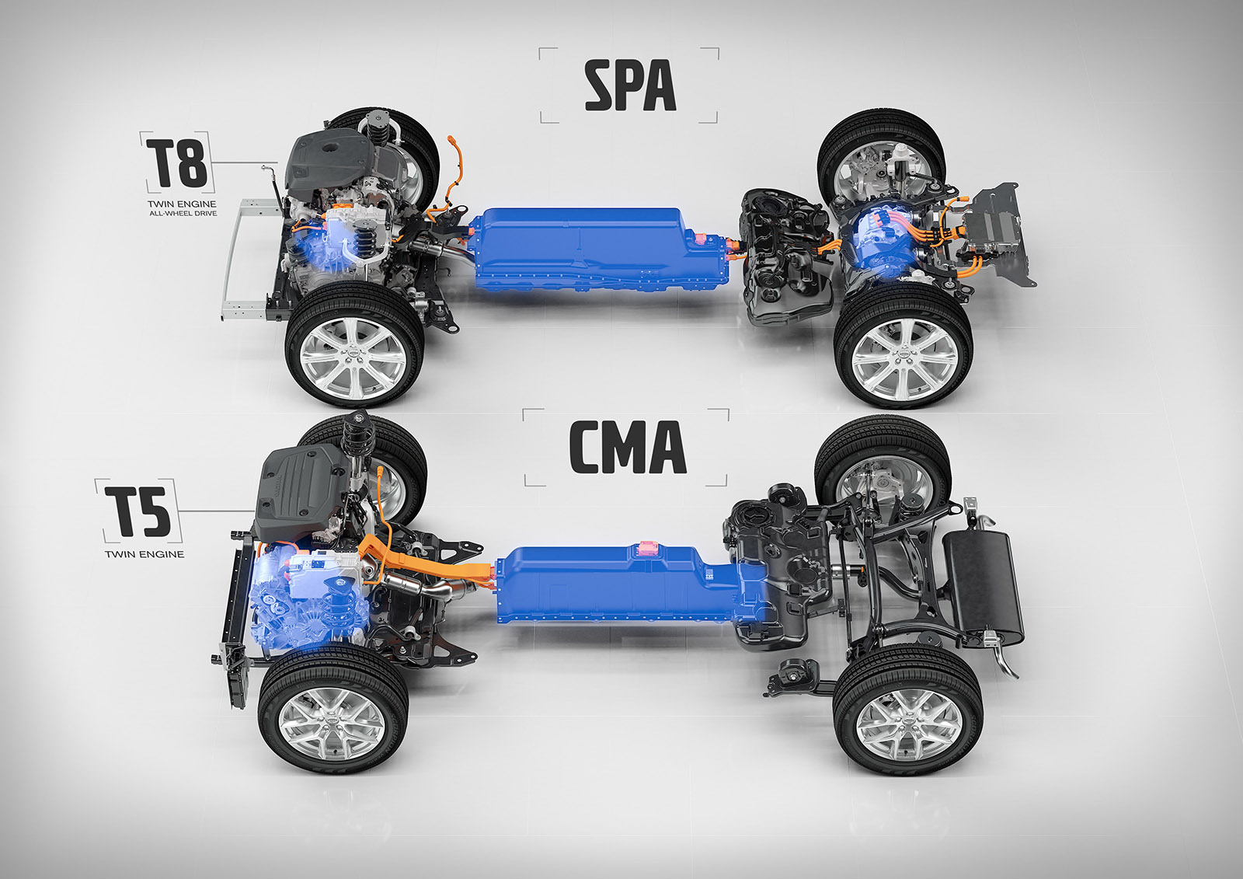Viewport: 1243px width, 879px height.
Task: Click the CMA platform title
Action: [627, 448]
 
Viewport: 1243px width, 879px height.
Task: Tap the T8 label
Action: [176, 162]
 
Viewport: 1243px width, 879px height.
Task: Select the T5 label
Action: [138, 511]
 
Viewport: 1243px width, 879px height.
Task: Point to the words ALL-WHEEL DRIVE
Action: [183, 213]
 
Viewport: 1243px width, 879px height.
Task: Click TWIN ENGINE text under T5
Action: [144, 553]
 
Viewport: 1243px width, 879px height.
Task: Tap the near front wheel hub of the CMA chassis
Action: [332, 720]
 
